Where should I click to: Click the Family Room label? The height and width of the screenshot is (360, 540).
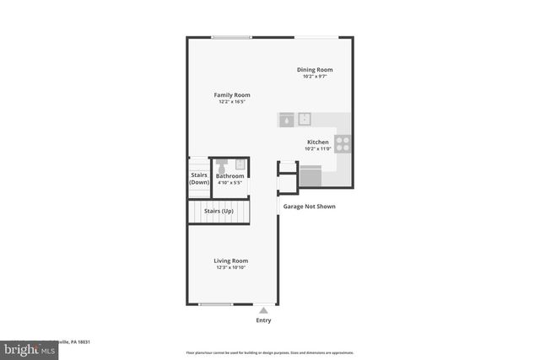click(x=231, y=95)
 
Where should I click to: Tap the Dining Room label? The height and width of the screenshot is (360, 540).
click(x=314, y=69)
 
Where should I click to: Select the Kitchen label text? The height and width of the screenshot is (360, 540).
click(x=317, y=142)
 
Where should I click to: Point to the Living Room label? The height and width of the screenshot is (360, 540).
click(x=230, y=261)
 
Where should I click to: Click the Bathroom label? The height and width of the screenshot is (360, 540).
click(x=229, y=175)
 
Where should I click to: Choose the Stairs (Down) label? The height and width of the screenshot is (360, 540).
click(x=199, y=178)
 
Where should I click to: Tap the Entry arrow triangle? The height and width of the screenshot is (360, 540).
click(x=263, y=310)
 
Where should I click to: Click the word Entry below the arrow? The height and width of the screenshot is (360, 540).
click(x=263, y=320)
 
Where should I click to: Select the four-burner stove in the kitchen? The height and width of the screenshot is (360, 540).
click(x=343, y=144)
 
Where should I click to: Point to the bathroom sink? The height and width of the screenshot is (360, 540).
click(x=240, y=164)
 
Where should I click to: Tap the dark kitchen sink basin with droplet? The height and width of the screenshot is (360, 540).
click(x=287, y=120)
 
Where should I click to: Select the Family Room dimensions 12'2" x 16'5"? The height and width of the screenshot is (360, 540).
click(x=231, y=103)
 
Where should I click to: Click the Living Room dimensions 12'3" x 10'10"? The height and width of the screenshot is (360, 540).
click(x=230, y=268)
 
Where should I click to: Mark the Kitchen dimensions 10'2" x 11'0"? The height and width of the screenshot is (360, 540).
click(x=317, y=149)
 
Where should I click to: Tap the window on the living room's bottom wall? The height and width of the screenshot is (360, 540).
click(x=215, y=304)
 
